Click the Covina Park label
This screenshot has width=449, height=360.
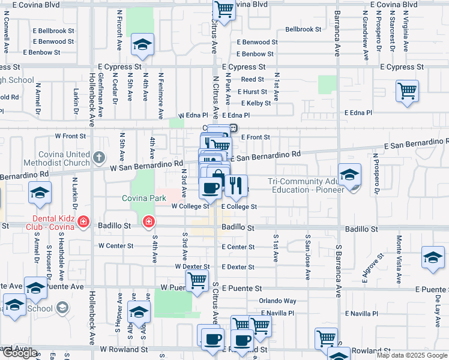[144, 198]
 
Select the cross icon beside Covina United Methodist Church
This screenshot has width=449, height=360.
[99, 158]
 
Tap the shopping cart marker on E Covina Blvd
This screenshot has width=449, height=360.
[224, 10]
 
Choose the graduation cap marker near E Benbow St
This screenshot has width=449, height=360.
[143, 45]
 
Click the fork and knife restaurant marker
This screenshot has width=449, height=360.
[236, 187]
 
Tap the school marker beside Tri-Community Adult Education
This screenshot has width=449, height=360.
[349, 175]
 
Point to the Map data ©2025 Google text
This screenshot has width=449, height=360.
[412, 355]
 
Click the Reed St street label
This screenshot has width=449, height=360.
[252, 79]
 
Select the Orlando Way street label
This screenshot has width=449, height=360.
[277, 301]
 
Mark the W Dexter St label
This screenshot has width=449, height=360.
[192, 266]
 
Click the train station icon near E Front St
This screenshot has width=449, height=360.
[234, 128]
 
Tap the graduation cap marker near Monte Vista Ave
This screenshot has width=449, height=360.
[432, 258]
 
